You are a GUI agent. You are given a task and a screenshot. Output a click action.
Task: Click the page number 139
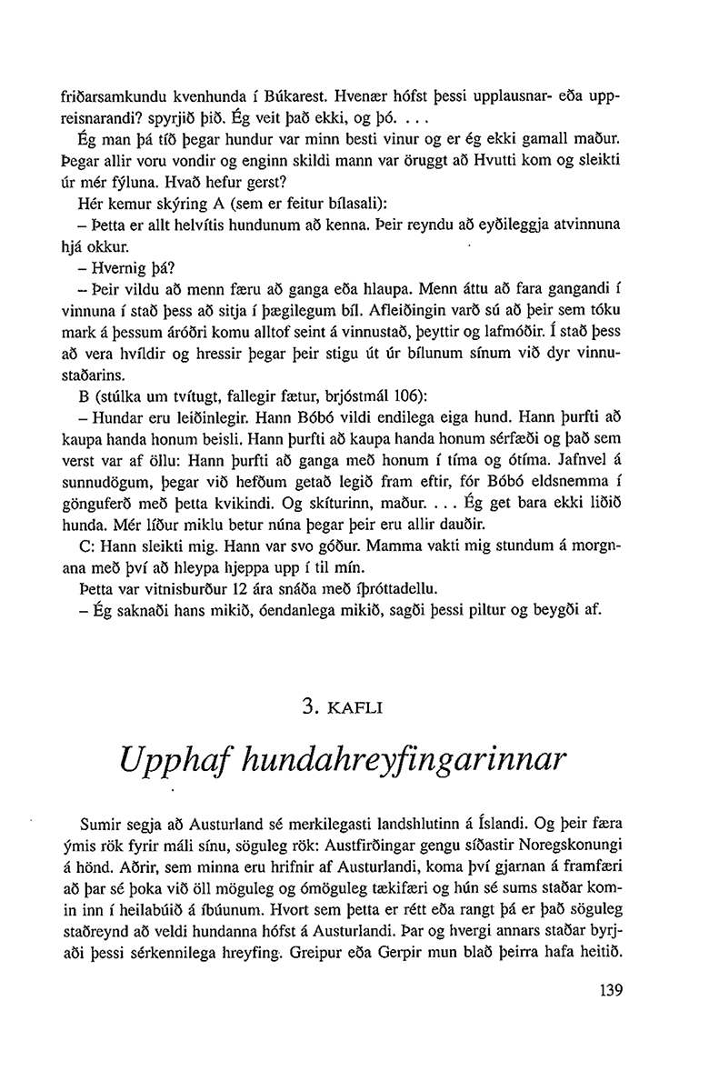coord(615,990)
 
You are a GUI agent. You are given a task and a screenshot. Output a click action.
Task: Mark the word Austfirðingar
coord(394,848)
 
